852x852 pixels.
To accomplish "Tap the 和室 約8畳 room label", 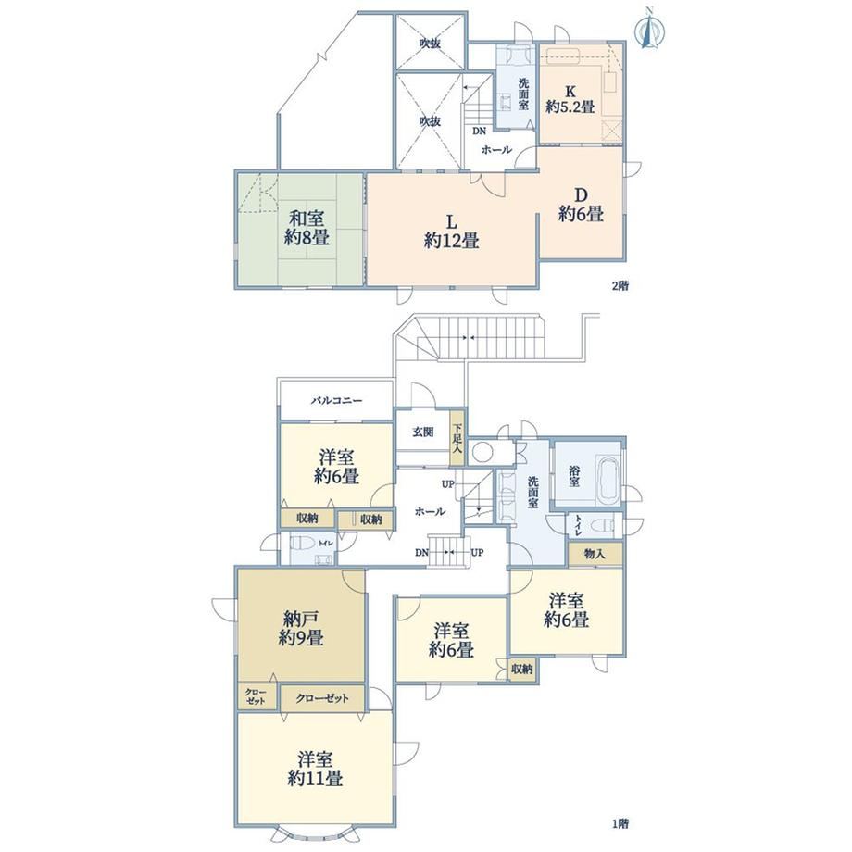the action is pos(307,228).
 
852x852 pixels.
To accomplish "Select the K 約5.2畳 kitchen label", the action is pos(570,99).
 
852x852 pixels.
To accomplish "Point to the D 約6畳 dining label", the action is pos(581,205).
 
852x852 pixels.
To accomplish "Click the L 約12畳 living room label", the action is pos(451,231).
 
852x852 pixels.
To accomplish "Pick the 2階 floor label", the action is pos(620,286).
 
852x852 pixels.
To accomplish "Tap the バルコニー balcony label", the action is pos(336,401).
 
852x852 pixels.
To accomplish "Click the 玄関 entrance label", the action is pos(422,432).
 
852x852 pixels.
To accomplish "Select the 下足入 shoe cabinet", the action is pos(457,437).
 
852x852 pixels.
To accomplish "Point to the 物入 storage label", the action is pos(595,555).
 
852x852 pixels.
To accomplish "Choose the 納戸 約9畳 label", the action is pos(302,628).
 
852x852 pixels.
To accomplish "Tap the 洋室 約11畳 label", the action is pos(315,769).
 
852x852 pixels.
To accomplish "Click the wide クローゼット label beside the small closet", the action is pos(322,698).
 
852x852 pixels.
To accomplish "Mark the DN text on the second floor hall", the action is pos(479,131).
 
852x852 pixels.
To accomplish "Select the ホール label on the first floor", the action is pos(430,511).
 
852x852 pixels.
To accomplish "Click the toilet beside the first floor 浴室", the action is pos(603,525).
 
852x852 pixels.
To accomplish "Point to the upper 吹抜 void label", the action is pos(430,43).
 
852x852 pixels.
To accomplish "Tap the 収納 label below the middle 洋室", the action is pos(521,669).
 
